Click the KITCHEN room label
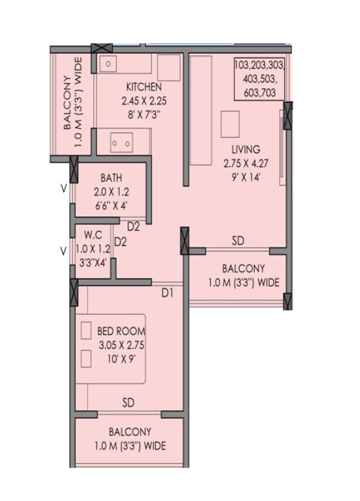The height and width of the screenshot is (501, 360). tap(144, 86)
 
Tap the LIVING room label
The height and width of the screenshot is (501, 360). tap(246, 149)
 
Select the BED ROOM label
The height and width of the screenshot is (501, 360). tap(121, 332)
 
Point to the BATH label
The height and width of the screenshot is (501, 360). tap(111, 178)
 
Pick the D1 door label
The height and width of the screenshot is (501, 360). tap(168, 293)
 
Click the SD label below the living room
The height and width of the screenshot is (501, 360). tap(238, 241)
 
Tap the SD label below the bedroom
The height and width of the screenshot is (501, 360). tap(128, 403)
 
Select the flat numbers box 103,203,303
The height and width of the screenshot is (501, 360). tap(259, 79)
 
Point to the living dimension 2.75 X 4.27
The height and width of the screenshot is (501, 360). tap(246, 164)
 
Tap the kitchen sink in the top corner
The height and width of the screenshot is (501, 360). tap(108, 64)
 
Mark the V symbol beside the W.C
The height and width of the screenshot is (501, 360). tap(64, 250)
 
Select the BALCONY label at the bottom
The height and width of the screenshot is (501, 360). tap(130, 432)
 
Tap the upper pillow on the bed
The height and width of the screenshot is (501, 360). tap(86, 330)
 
